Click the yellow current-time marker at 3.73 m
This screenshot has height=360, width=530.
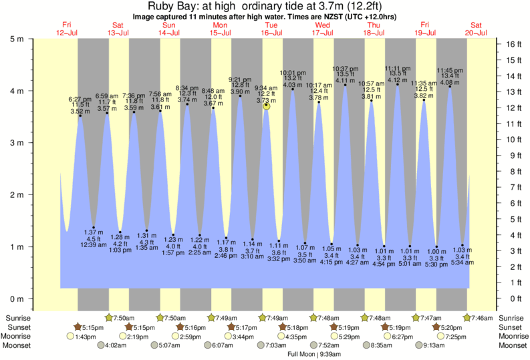point(267,106)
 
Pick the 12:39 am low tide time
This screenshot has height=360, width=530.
point(93,245)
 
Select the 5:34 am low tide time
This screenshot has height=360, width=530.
point(462,263)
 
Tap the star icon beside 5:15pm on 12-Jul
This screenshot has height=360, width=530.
point(78,327)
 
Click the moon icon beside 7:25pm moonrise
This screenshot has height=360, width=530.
point(440,337)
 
